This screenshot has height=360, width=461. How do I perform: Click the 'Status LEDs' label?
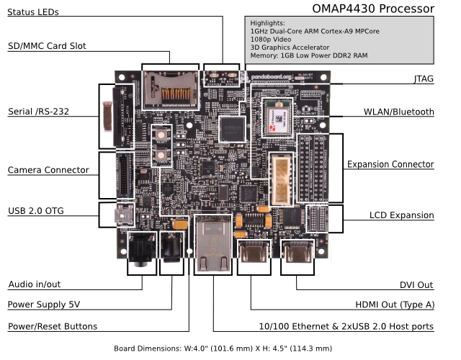(33, 12)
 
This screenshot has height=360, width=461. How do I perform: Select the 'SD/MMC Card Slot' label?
(47, 46)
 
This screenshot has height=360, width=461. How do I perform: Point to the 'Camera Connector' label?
(48, 171)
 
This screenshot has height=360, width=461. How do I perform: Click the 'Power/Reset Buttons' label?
(52, 326)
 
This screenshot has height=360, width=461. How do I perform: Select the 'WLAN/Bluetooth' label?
(399, 112)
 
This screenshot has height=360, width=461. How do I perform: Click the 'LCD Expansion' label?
(402, 215)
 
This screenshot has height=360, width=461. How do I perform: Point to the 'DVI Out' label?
(417, 284)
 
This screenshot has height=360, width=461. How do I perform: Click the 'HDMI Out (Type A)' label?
(392, 305)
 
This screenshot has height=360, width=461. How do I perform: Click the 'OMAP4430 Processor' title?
(373, 9)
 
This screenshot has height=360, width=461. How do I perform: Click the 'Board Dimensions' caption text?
(223, 348)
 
